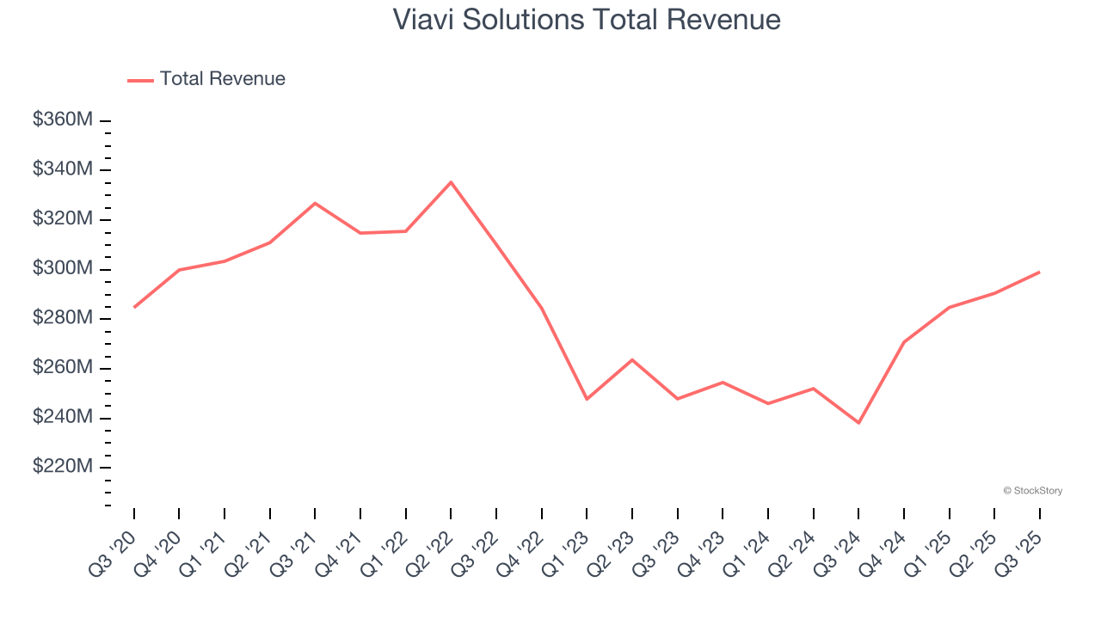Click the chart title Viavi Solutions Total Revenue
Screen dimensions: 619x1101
587,20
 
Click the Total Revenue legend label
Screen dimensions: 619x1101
222,79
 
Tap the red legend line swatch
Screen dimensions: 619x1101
140,80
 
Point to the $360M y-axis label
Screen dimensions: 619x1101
62,120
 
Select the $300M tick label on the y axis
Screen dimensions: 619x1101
62,269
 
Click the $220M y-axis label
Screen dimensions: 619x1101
62,467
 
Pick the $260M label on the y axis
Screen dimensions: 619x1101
62,368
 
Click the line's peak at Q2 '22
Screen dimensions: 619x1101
451,182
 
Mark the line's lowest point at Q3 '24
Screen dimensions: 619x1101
858,423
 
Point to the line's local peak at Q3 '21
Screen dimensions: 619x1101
315,203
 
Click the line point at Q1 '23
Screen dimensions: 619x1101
587,399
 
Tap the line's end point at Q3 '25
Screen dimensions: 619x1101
1039,272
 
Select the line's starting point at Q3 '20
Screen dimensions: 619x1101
134,307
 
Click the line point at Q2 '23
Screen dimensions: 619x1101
632,359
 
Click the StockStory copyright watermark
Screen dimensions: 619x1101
1032,491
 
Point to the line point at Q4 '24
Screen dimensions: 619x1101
904,342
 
